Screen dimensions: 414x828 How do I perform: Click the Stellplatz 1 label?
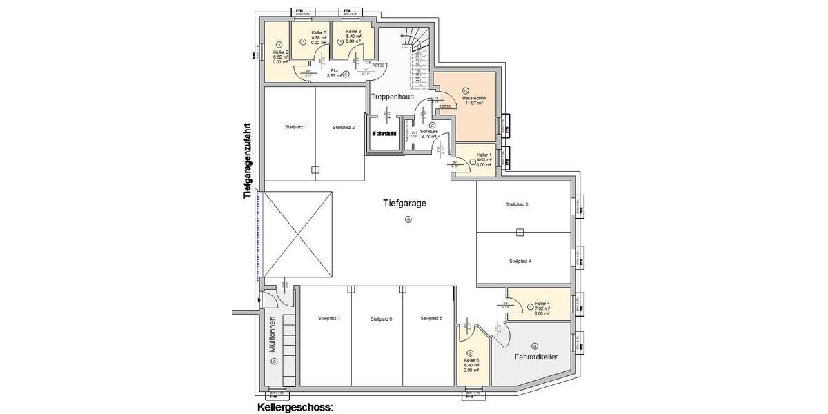tap(295, 127)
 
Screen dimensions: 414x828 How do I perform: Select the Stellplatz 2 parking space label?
tap(343, 127)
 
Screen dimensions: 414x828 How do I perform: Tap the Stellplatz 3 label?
tap(517, 205)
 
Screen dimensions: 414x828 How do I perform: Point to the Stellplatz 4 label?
tap(520, 262)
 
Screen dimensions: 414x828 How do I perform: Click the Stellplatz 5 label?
tap(431, 318)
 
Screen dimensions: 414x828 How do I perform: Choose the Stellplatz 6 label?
tap(380, 319)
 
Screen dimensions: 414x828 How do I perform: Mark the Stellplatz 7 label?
tap(329, 318)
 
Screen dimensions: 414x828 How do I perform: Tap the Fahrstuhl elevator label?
tap(384, 133)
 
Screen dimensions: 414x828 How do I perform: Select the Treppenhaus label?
tap(393, 97)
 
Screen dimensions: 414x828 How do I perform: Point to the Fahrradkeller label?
tap(535, 357)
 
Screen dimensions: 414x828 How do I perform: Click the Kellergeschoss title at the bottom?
tap(295, 407)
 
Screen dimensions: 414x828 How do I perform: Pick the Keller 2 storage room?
tap(279, 55)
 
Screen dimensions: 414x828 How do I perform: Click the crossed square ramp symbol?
tap(298, 235)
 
